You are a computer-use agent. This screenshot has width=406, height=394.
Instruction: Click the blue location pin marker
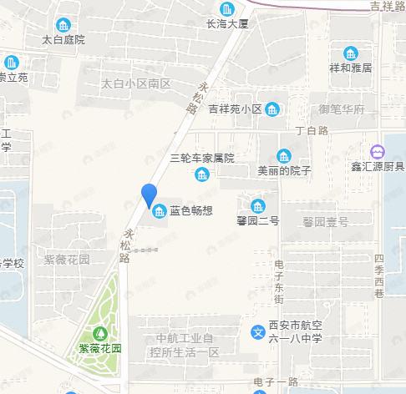point(150,195)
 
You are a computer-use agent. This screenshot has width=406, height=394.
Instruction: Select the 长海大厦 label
point(228,24)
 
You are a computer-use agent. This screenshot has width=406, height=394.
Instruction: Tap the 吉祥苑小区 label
point(236,109)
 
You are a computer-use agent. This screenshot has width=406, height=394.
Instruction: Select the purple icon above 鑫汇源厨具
point(378,151)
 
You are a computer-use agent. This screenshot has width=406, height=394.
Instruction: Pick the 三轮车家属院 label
point(202,158)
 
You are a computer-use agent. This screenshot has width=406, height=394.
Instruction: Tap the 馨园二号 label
point(257,221)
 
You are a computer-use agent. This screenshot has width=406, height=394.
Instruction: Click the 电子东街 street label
point(280,281)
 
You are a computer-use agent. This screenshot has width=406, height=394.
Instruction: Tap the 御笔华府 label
point(342,109)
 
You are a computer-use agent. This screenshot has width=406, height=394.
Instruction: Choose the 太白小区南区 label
point(135,83)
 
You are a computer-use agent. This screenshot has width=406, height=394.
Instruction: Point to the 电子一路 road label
point(275,381)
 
